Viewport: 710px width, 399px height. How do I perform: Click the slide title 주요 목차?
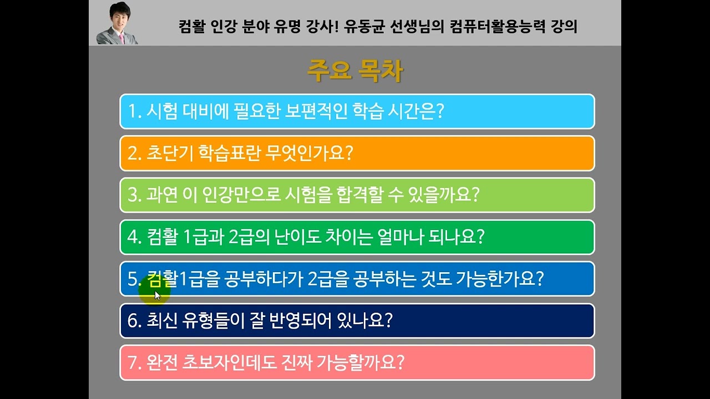coord(355,70)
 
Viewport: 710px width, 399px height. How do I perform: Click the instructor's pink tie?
coord(121,38)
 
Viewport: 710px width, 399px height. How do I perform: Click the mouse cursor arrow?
coord(158,296)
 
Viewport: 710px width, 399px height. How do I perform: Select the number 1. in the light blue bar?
coord(135,111)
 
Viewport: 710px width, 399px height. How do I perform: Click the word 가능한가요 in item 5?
coord(496,278)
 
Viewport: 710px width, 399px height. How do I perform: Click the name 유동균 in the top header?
coord(364,26)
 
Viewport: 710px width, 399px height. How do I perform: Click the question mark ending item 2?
coord(349,154)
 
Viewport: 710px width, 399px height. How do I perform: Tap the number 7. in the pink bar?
coord(135,362)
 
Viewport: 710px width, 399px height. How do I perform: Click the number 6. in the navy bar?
coord(135,320)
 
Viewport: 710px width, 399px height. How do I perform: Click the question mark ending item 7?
coord(400,362)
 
